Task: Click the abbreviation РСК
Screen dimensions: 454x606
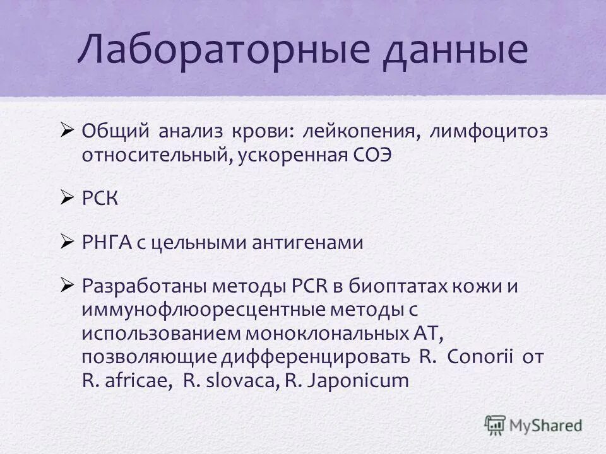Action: click(100, 199)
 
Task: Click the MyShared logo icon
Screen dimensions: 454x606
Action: click(496, 424)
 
